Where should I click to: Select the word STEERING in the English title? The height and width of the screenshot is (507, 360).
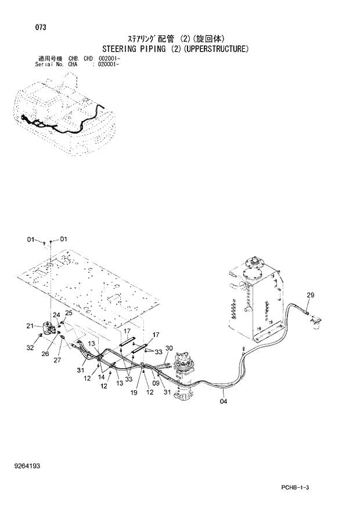click(121, 49)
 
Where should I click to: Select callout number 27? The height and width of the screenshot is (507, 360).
click(57, 360)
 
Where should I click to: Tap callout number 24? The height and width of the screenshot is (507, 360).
click(57, 315)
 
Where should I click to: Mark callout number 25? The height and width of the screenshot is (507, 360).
click(69, 313)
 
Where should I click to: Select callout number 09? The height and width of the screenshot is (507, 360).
click(156, 383)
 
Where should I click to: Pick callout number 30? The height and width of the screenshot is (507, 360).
click(169, 348)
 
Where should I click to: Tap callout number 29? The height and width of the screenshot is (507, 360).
click(310, 295)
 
